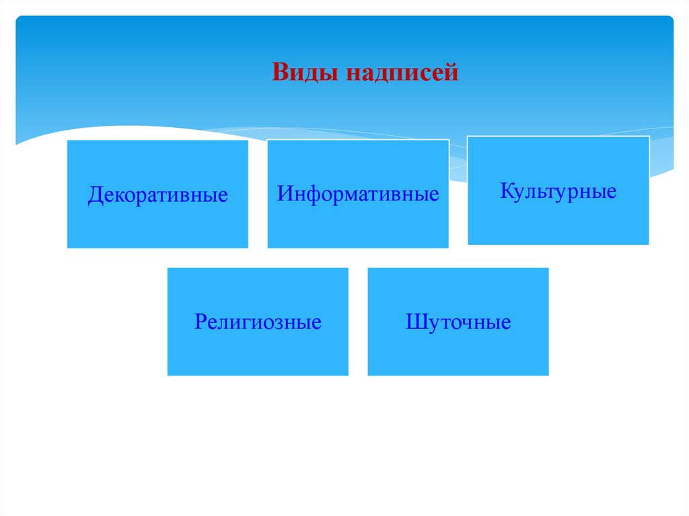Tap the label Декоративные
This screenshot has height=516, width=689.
pos(157,196)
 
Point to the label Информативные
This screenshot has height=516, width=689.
pos(358,194)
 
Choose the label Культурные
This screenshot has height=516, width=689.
pos(558,191)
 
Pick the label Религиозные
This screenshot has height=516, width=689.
pos(258,322)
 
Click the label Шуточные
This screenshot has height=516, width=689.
pos(458,322)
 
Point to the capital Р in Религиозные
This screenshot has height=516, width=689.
pos(201,322)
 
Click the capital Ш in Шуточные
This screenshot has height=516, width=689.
pos(415,322)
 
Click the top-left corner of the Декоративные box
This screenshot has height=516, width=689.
pos(67,141)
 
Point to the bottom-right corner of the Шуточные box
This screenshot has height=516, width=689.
pos(548,375)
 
